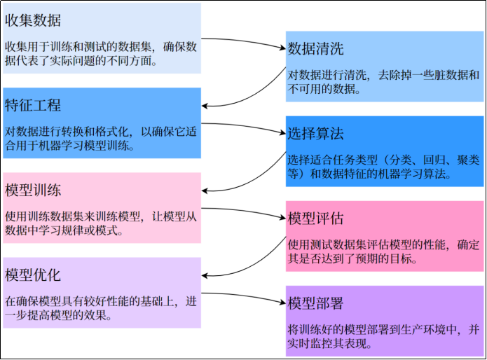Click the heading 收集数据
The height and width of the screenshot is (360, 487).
(33, 20)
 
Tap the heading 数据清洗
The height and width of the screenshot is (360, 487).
(315, 49)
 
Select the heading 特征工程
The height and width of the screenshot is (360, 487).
(33, 105)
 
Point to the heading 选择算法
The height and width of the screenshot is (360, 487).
(315, 134)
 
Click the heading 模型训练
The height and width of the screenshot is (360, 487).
(33, 190)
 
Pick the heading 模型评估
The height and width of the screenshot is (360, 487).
(315, 219)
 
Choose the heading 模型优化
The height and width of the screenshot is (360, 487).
(33, 275)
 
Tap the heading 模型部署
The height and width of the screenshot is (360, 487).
(315, 303)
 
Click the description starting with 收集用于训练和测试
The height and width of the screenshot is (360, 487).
(101, 54)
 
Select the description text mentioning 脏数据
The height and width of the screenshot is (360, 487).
(383, 82)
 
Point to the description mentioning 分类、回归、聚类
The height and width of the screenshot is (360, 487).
(383, 167)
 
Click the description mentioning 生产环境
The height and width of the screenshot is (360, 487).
(383, 336)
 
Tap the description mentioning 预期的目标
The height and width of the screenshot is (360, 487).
(383, 251)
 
